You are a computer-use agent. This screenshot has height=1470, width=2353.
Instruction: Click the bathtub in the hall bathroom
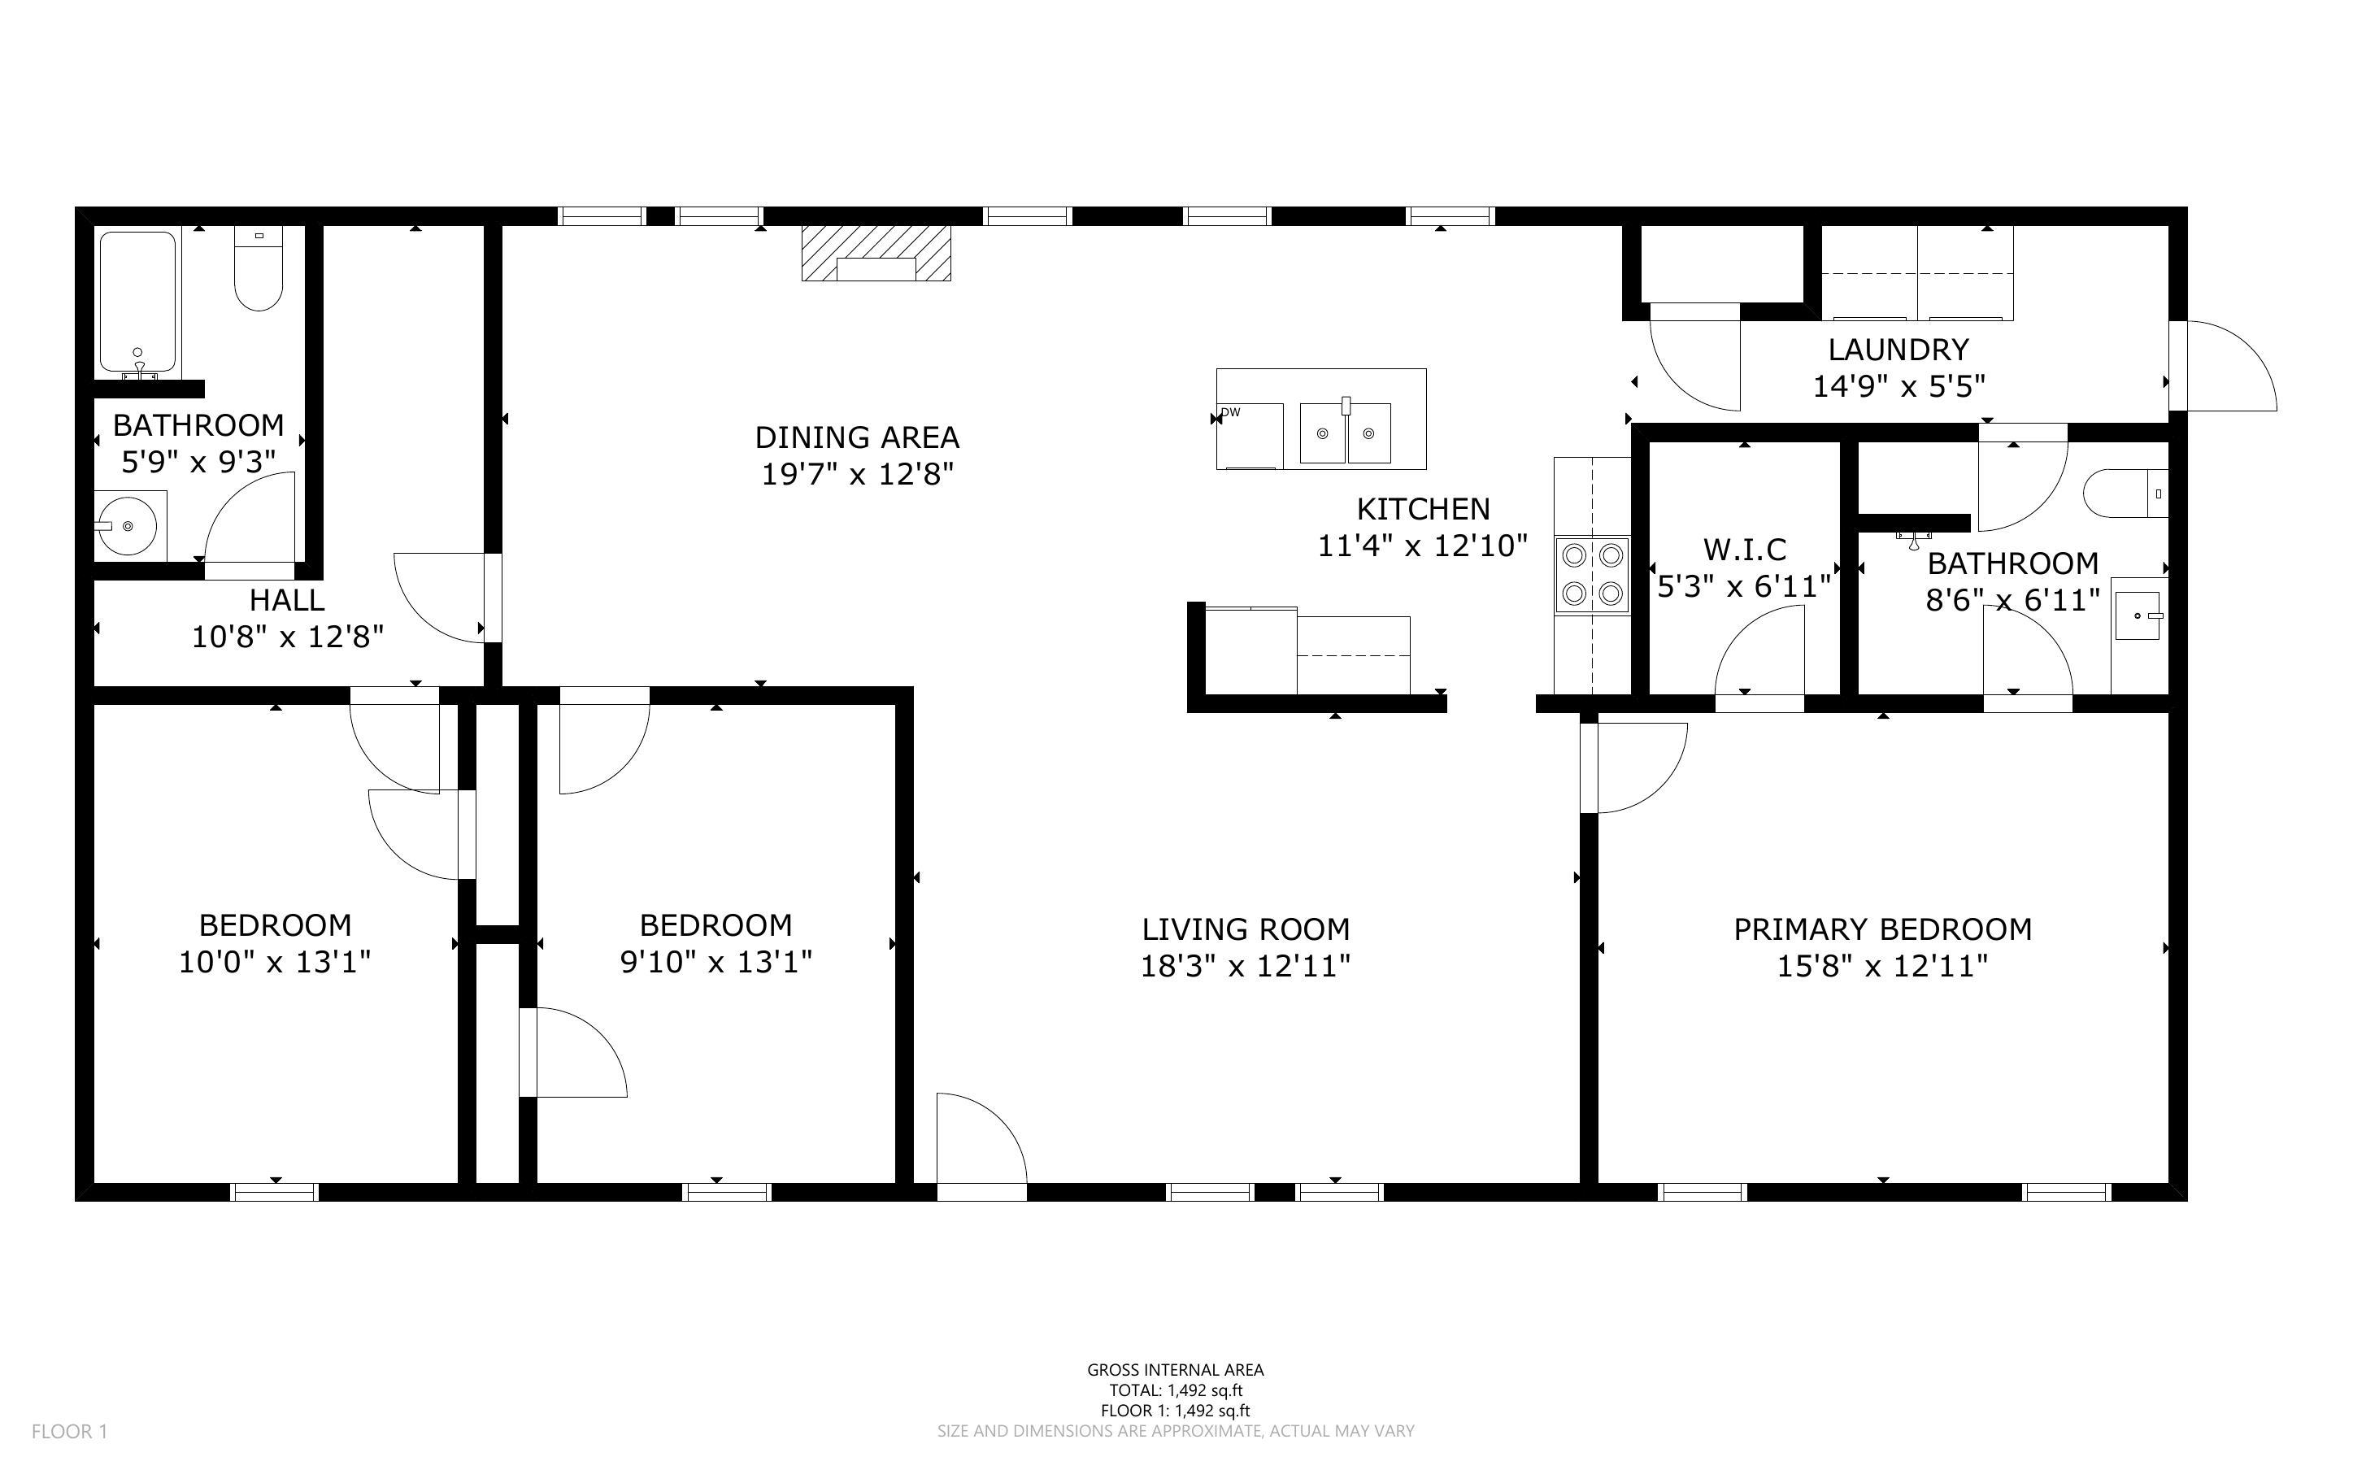pos(138,302)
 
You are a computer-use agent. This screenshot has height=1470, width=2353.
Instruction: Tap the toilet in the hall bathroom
pos(259,267)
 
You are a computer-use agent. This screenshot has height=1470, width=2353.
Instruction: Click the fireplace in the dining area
pos(876,254)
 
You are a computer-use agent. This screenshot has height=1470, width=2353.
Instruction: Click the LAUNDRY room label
pos(1898,349)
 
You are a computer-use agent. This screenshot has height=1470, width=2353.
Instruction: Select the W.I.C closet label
pos(1745,550)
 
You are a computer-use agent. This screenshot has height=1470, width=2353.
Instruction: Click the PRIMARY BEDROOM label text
pos(1882,929)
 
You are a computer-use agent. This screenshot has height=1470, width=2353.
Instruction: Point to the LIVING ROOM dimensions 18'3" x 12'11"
pos(1245,965)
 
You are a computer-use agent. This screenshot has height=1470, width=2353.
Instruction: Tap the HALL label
pos(287,600)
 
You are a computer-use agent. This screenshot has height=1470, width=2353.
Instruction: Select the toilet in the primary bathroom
pos(2125,493)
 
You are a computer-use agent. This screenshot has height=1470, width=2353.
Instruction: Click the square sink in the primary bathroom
pos(2138,615)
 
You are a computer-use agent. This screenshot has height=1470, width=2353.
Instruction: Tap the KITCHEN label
pos(1423,508)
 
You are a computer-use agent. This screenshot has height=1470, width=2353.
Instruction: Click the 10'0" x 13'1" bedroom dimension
pos(275,962)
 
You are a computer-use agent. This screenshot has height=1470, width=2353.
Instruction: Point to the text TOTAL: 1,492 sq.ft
pos(1176,1390)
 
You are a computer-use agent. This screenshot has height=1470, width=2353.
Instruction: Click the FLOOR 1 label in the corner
pos(70,1431)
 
